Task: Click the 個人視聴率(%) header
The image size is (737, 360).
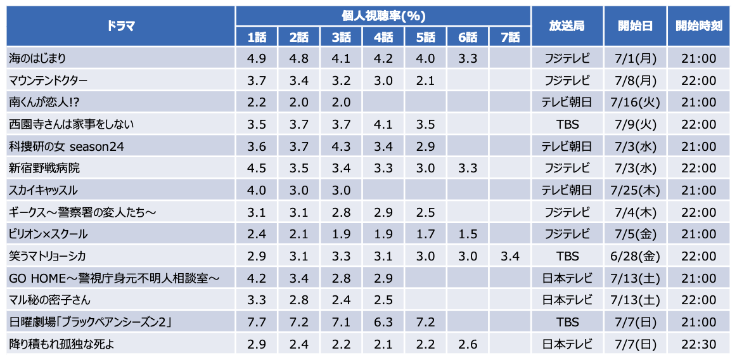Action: pyautogui.click(x=383, y=15)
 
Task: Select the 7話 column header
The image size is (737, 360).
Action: pyautogui.click(x=509, y=37)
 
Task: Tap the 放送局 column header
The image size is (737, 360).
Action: pyautogui.click(x=567, y=26)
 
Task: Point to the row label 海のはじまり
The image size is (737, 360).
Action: pyautogui.click(x=38, y=59)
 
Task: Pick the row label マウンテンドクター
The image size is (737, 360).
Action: pyautogui.click(x=48, y=81)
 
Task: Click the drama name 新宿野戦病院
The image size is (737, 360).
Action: pyautogui.click(x=44, y=169)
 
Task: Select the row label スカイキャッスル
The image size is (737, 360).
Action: pyautogui.click(x=44, y=190)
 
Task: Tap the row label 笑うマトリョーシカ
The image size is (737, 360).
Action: pyautogui.click(x=48, y=256)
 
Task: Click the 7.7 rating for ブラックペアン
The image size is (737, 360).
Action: pyautogui.click(x=257, y=323)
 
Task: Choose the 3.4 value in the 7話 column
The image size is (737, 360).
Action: pyautogui.click(x=509, y=256)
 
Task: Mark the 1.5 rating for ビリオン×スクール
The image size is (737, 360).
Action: pyautogui.click(x=468, y=235)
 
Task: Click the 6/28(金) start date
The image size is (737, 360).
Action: pyautogui.click(x=636, y=256)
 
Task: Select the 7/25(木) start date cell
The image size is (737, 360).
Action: pyautogui.click(x=636, y=190)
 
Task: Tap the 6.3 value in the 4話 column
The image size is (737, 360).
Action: pyautogui.click(x=383, y=323)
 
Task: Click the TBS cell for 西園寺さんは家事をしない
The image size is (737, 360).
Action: pyautogui.click(x=567, y=125)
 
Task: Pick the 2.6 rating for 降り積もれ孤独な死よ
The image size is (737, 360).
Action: pyautogui.click(x=468, y=344)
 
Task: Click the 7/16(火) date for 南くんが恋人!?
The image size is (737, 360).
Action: pyautogui.click(x=636, y=103)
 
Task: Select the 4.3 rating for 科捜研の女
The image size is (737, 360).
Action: pyautogui.click(x=341, y=146)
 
